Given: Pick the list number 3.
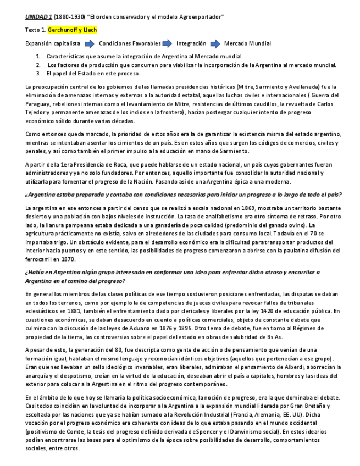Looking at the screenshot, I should (x=38, y=73).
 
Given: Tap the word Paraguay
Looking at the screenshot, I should (x=39, y=104).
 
